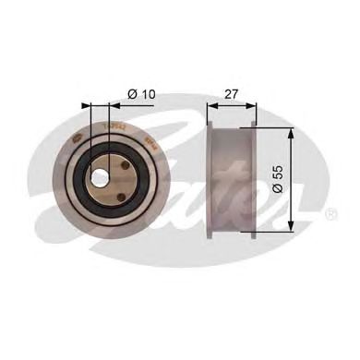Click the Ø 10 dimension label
click(141, 92)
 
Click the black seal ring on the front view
click(79, 174)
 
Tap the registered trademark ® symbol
click(331, 214)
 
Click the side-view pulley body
click(233, 179)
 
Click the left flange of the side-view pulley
click(211, 179)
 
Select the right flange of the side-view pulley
click(254, 179)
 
